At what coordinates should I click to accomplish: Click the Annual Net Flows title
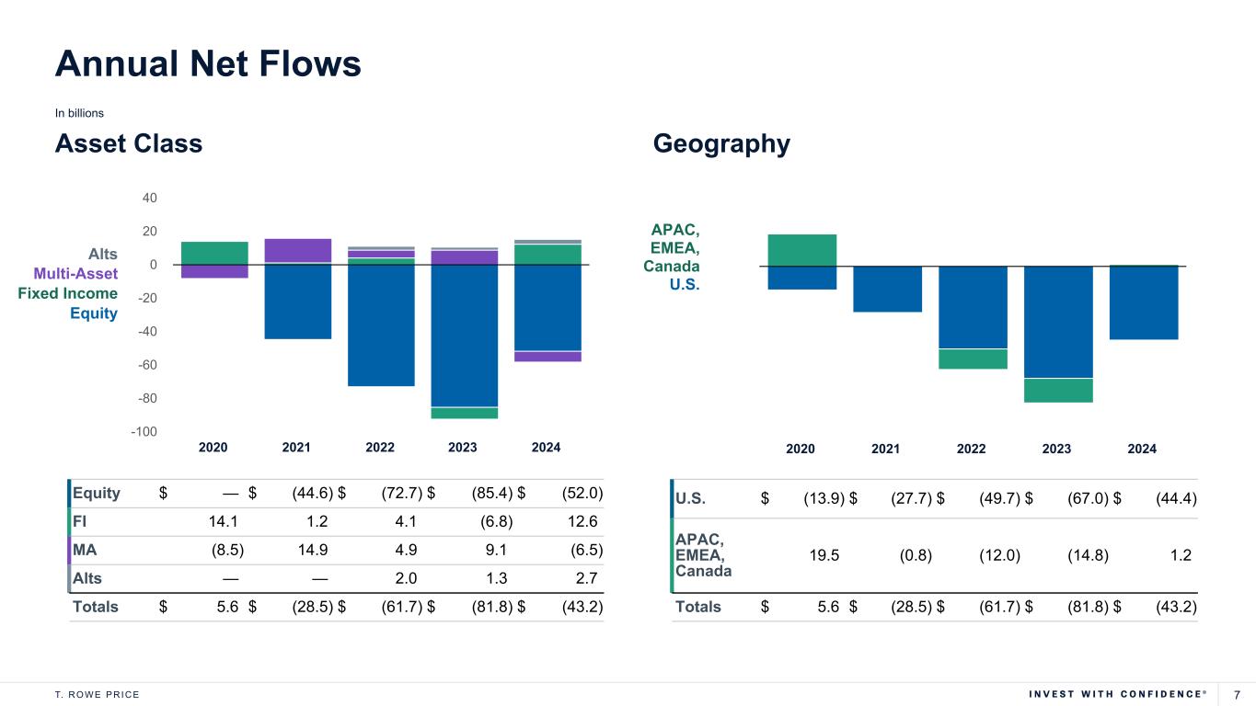click(x=208, y=63)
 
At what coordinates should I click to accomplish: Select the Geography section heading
click(x=721, y=144)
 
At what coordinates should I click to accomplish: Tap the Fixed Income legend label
click(x=67, y=293)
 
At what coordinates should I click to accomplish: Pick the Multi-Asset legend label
click(x=75, y=273)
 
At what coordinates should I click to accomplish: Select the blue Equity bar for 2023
click(x=464, y=336)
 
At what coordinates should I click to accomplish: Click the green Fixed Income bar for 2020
click(x=214, y=253)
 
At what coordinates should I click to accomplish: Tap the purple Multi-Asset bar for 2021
click(x=297, y=250)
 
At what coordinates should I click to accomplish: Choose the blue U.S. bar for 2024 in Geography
click(x=1143, y=302)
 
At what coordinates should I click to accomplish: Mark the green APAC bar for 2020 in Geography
click(x=801, y=250)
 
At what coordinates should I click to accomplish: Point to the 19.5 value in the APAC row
click(x=824, y=555)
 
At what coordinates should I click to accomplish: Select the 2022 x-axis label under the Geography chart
click(x=971, y=449)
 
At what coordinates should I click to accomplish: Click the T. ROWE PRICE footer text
click(x=98, y=694)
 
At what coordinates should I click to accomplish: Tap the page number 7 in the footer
click(x=1238, y=694)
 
